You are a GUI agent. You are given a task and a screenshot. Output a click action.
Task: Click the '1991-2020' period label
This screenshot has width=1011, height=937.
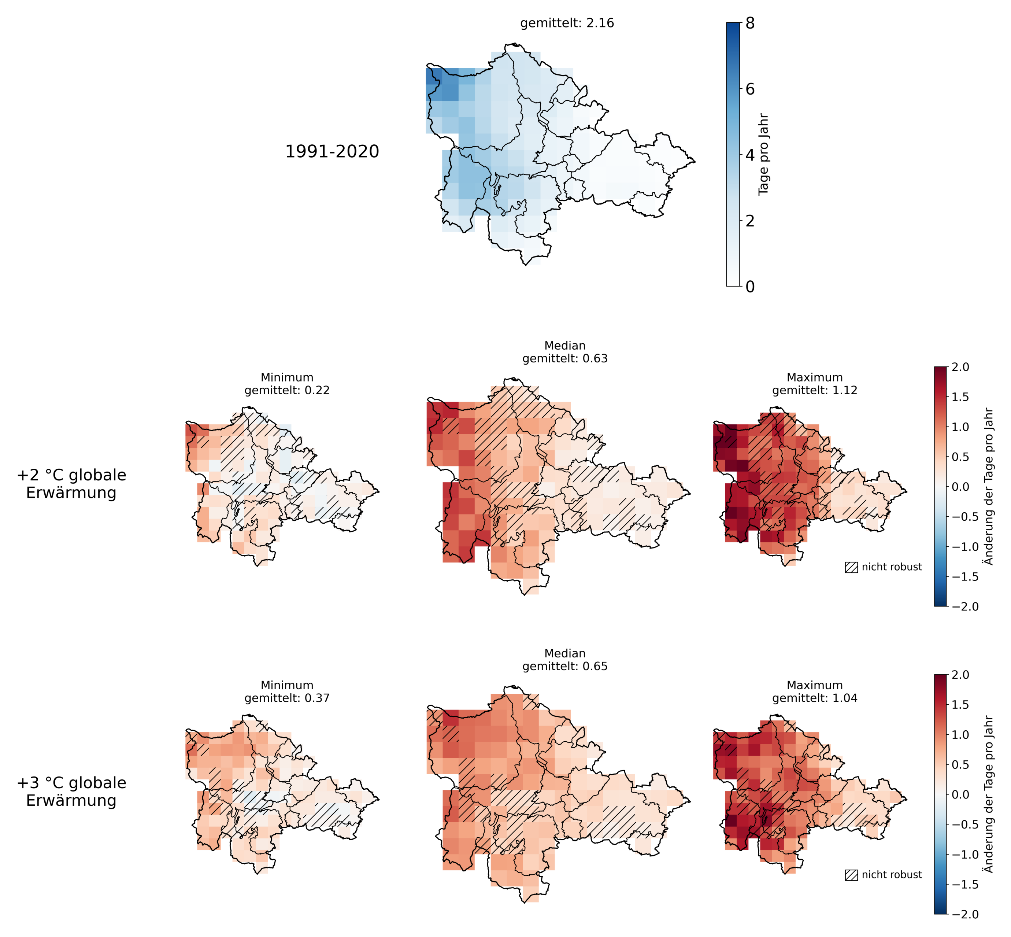(332, 151)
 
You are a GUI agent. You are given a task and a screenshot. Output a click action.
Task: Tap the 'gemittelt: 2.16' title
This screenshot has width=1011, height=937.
(567, 23)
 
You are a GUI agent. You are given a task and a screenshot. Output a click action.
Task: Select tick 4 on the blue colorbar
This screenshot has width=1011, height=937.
(749, 155)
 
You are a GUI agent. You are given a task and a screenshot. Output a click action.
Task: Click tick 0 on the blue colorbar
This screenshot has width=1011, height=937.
(749, 287)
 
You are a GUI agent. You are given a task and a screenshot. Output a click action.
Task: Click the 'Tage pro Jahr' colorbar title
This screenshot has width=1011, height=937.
(763, 154)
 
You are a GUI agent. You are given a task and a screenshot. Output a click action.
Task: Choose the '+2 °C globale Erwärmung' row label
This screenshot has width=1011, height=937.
(71, 484)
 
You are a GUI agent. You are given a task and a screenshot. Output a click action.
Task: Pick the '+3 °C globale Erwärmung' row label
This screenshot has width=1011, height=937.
(71, 792)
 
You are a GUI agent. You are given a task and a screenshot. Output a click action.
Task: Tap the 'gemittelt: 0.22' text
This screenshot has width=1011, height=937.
(287, 390)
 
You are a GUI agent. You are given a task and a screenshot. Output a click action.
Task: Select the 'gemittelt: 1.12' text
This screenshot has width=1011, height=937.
(814, 390)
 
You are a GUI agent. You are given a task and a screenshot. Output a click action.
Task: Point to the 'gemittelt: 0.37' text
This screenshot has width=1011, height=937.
(287, 698)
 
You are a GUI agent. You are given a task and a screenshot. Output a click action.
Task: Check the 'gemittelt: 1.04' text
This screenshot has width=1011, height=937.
(814, 698)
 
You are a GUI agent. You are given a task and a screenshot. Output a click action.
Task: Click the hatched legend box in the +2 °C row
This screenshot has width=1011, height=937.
(851, 567)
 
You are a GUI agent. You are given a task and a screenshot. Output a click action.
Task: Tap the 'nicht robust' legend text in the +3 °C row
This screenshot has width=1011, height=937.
(892, 875)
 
